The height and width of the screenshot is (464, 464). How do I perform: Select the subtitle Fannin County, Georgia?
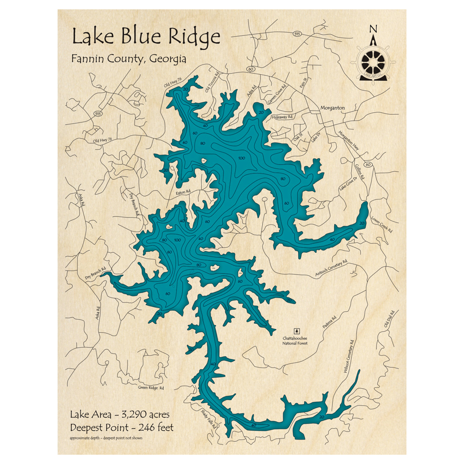coord(129,59)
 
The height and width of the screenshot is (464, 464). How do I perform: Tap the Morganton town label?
coord(332,108)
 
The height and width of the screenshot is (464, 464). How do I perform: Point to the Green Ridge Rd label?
coord(151,387)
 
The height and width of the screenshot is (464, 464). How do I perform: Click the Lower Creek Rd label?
coord(381,224)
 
